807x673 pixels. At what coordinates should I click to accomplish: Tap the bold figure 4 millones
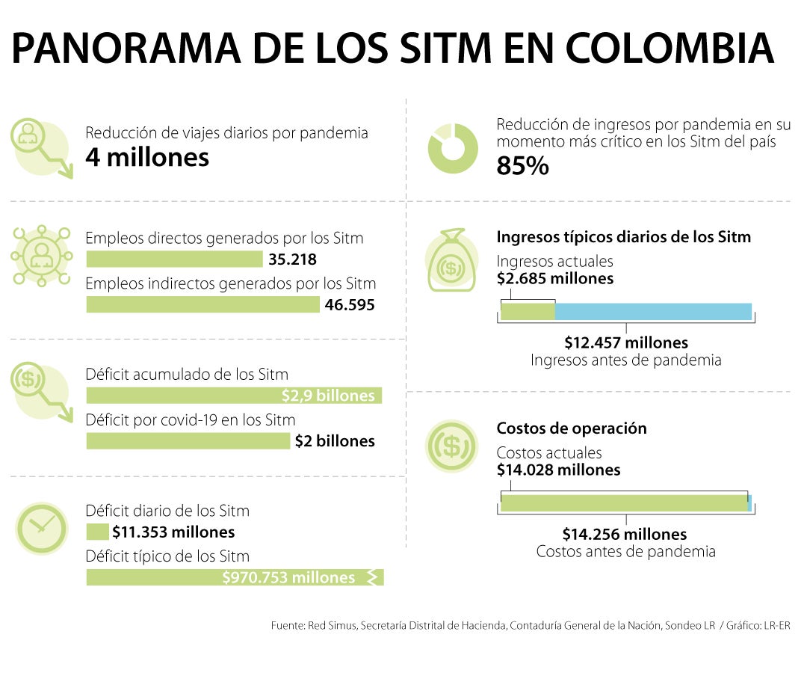coord(146,158)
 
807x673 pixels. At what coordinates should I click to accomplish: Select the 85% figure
coord(522,167)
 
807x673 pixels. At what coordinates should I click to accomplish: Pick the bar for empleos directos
coord(174,259)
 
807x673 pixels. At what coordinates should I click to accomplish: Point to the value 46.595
coord(350,305)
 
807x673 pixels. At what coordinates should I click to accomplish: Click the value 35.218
coord(292,260)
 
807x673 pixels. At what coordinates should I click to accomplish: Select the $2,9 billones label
coord(327,396)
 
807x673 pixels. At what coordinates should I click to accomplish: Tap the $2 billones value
coord(334,441)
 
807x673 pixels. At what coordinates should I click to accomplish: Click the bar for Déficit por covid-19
coord(188,441)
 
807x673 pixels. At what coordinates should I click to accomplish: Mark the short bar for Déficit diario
coord(97,532)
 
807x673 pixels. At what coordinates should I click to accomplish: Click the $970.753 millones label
coord(288,577)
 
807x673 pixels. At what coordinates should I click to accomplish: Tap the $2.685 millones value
coord(554,279)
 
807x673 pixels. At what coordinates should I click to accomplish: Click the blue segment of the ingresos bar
coord(652,312)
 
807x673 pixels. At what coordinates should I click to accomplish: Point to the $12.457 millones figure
coord(626,343)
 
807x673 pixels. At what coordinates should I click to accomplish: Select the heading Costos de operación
coord(572,428)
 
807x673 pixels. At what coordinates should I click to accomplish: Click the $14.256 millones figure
coord(625,535)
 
